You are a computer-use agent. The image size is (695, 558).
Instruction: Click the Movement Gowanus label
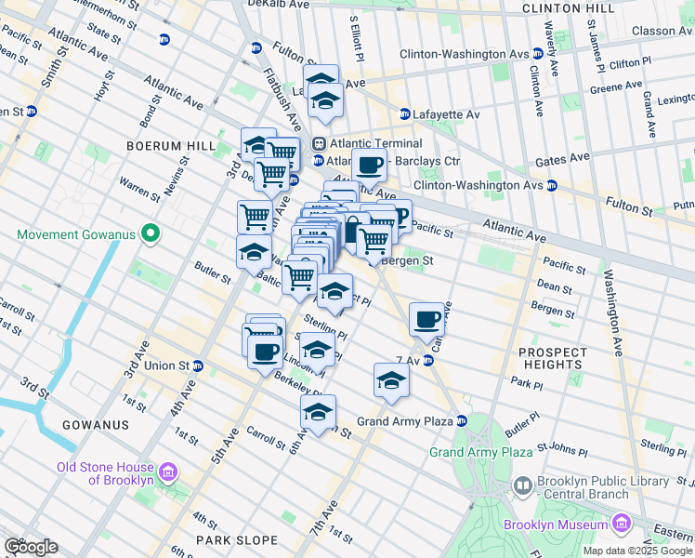click(x=76, y=232)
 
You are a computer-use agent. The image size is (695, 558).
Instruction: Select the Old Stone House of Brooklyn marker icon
click(x=168, y=473)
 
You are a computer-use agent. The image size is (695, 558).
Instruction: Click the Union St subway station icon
click(x=198, y=365)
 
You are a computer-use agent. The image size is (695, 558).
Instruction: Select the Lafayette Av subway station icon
click(x=404, y=114)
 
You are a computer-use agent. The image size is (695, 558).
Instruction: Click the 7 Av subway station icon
click(x=429, y=360)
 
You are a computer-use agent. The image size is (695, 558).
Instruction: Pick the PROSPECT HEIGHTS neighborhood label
click(x=552, y=359)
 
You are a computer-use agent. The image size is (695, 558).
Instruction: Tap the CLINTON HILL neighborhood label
click(x=569, y=8)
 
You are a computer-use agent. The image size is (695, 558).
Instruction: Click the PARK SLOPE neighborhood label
click(x=237, y=539)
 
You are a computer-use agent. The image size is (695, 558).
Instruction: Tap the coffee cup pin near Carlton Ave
click(x=426, y=319)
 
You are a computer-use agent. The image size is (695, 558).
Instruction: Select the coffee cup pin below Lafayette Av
click(x=369, y=165)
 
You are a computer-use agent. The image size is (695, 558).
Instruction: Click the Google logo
click(x=30, y=547)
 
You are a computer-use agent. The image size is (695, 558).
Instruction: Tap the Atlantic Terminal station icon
click(x=319, y=144)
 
